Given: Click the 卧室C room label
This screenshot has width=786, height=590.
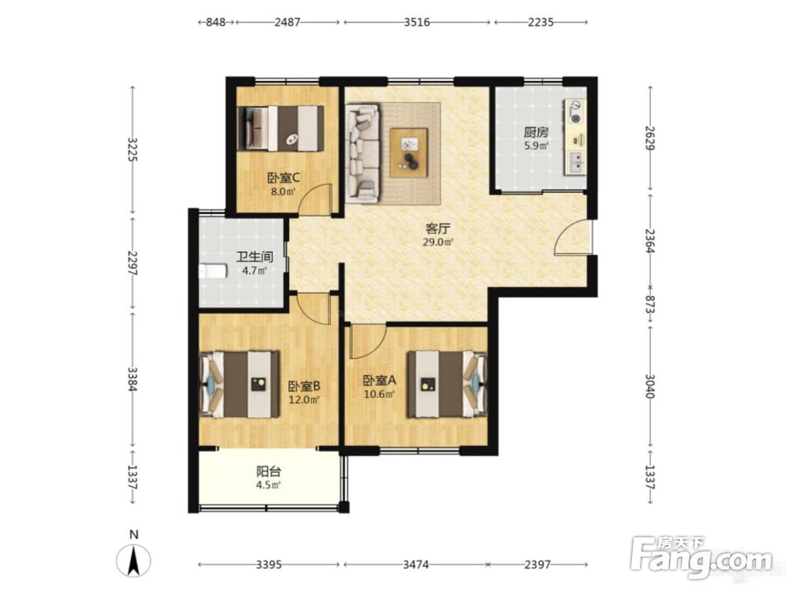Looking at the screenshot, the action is [x=284, y=178].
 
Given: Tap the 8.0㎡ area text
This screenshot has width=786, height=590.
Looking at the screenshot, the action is [x=283, y=191].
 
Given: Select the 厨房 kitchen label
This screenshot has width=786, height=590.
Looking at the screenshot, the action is [x=536, y=132].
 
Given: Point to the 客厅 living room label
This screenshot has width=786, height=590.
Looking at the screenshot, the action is [x=438, y=229].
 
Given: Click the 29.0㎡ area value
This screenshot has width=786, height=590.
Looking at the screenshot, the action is [x=438, y=242].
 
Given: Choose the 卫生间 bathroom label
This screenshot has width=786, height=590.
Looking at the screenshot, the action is [x=255, y=257].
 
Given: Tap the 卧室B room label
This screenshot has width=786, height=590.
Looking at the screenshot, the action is [x=304, y=386].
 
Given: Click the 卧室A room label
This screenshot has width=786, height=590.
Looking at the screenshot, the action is [x=380, y=380].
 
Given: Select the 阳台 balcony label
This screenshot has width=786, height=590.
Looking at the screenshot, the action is [x=269, y=471].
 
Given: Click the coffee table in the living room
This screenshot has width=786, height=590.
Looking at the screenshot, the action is [x=409, y=153].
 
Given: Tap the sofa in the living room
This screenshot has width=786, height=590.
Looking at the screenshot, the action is [x=362, y=153].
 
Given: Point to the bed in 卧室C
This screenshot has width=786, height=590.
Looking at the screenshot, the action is [x=281, y=128].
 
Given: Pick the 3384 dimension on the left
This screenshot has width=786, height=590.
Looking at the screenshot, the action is [x=132, y=380].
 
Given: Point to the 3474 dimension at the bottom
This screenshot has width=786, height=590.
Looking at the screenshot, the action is [x=416, y=564].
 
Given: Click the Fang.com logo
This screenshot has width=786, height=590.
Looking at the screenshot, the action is [x=702, y=557].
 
